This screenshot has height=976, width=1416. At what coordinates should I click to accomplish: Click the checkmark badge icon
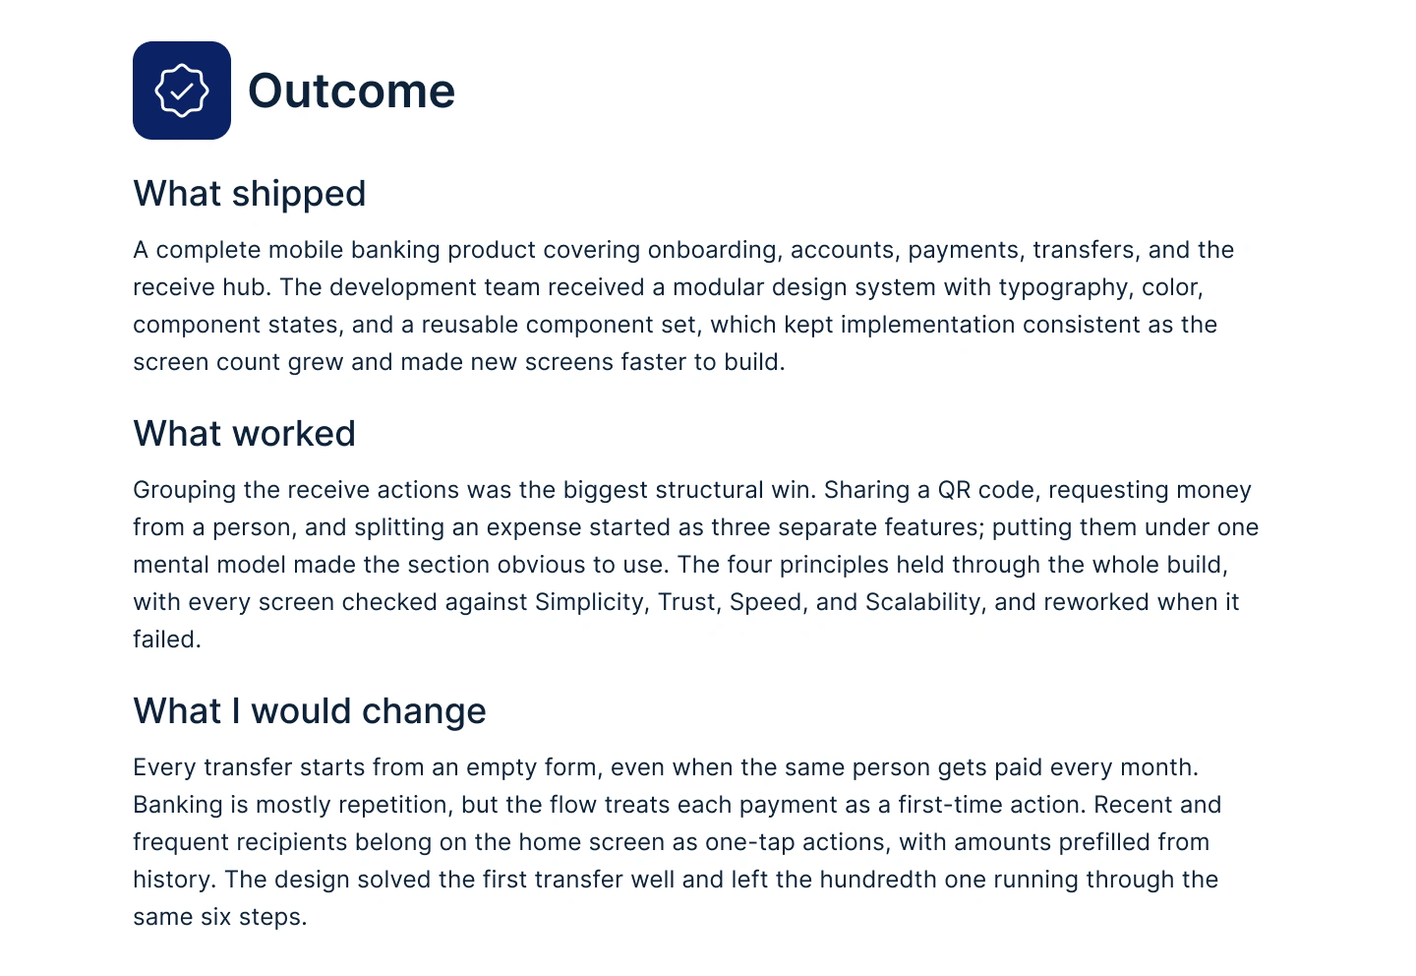click(x=181, y=91)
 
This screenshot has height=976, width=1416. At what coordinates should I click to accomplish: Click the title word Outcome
click(x=351, y=91)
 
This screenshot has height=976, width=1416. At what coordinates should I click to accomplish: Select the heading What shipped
click(x=249, y=194)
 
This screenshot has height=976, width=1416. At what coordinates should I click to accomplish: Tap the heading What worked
click(x=244, y=433)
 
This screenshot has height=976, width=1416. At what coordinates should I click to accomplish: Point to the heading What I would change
click(x=309, y=710)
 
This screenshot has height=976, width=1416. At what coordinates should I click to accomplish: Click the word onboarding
click(x=712, y=250)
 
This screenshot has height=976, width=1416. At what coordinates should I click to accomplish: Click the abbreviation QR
click(x=953, y=490)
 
